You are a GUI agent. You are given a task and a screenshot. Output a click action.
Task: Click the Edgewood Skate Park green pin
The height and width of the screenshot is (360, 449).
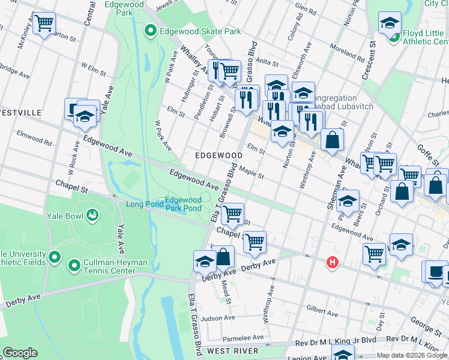[150, 31]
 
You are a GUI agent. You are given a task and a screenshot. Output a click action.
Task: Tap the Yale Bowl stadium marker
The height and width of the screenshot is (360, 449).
[92, 214]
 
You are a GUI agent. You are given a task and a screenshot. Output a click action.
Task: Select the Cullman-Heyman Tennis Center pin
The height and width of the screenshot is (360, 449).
[74, 265]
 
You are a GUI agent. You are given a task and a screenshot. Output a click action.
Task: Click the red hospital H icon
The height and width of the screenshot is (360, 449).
[332, 262]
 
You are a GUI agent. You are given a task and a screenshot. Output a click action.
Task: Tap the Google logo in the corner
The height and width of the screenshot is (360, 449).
[20, 353]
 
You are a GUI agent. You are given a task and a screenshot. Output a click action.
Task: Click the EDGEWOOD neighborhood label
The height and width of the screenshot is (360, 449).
[218, 155]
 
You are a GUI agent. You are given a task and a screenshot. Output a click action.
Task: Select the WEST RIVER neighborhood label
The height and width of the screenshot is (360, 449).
[232, 350]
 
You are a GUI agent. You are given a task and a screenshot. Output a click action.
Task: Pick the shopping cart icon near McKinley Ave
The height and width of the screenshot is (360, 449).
[44, 23]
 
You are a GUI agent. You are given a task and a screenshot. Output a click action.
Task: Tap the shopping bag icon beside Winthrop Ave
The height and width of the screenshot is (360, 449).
[332, 140]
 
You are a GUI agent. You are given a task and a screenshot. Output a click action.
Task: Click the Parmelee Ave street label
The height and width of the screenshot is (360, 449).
[243, 338]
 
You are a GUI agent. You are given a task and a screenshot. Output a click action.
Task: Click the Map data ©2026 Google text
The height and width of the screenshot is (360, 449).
[412, 355]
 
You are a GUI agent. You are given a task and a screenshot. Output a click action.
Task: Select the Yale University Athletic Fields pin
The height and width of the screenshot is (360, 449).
[55, 257]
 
